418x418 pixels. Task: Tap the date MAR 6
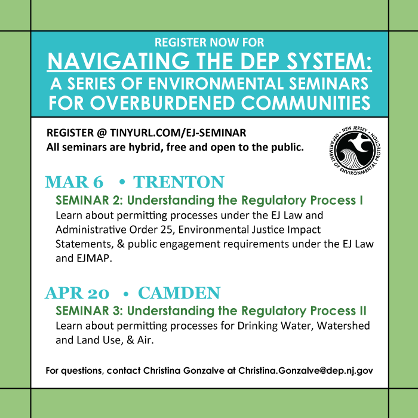(74, 182)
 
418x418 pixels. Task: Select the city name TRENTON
(179, 182)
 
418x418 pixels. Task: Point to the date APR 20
(77, 293)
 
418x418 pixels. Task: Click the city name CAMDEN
(179, 293)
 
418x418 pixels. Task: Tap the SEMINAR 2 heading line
(210, 200)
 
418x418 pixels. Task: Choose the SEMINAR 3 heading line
(211, 311)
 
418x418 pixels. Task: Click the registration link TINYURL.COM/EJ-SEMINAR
(179, 133)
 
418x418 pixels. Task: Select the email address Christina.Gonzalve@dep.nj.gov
(306, 371)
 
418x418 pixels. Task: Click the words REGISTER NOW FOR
(209, 43)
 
